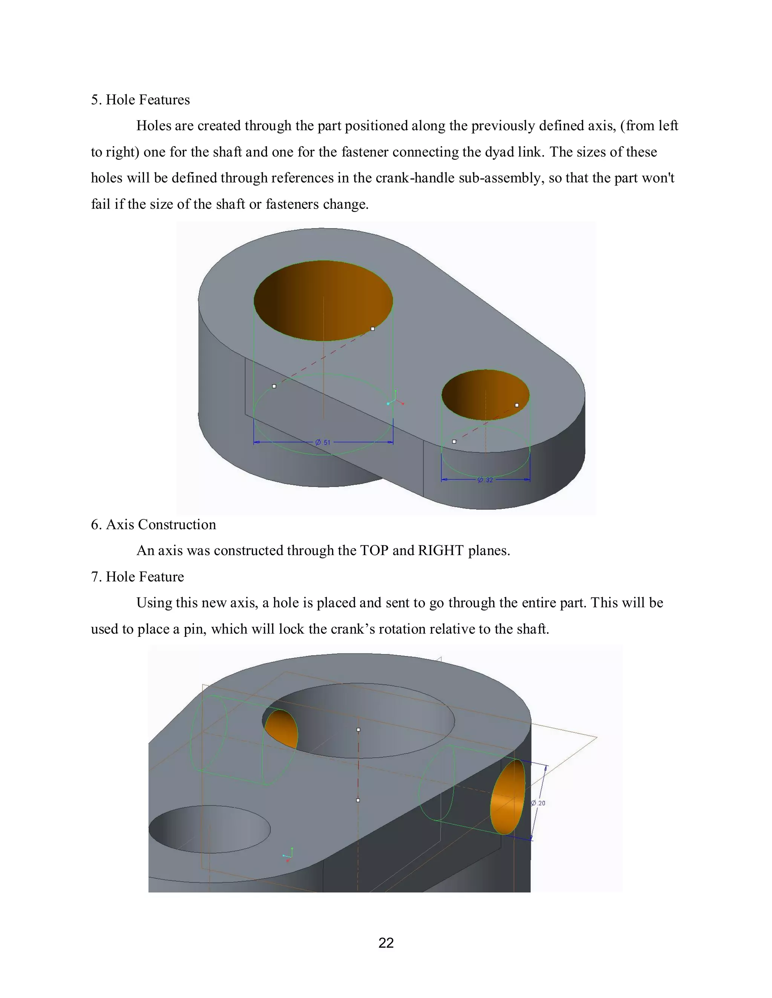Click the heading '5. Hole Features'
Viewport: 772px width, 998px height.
pyautogui.click(x=140, y=100)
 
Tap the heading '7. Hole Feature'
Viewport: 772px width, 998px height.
pyautogui.click(x=138, y=577)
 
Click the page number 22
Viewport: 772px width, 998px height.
pyautogui.click(x=386, y=943)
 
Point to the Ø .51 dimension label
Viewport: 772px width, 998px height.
pyautogui.click(x=323, y=443)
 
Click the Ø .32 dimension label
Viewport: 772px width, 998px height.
pyautogui.click(x=485, y=480)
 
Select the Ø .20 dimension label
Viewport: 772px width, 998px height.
pyautogui.click(x=538, y=803)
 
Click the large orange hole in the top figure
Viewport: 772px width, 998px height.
pyautogui.click(x=323, y=300)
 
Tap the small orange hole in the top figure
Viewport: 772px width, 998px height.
pyautogui.click(x=485, y=394)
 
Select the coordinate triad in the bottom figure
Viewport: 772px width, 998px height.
pyautogui.click(x=288, y=855)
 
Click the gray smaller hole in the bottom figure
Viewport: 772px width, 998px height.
pyautogui.click(x=210, y=829)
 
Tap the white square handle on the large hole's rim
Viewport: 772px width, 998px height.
pyautogui.click(x=373, y=328)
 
